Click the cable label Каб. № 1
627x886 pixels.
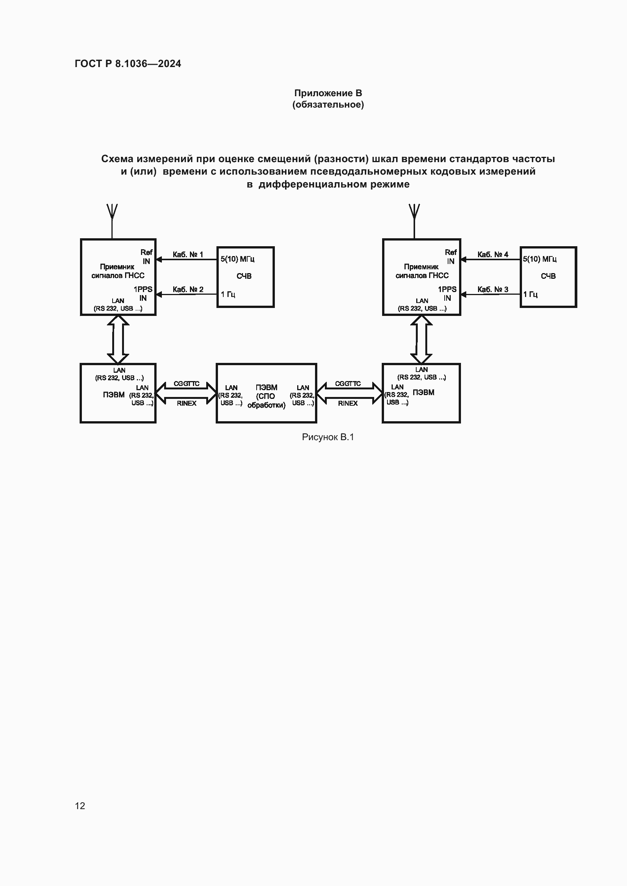(188, 255)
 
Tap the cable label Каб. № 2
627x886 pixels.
(188, 289)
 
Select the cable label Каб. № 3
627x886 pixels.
(493, 289)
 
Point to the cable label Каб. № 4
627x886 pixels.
(493, 255)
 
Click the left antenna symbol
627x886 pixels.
(112, 212)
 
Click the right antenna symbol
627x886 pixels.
(414, 212)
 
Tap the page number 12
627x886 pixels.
(80, 806)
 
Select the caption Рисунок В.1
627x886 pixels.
(328, 437)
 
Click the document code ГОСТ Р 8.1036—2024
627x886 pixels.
(128, 64)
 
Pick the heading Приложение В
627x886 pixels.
(328, 93)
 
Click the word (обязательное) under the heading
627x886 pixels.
(328, 105)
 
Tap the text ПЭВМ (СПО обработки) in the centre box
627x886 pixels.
(266, 396)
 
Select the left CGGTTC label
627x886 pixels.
(187, 384)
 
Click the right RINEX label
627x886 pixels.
(348, 403)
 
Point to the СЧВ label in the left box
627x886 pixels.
(244, 276)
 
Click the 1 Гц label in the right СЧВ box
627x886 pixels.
(530, 294)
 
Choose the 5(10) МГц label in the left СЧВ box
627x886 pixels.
(237, 259)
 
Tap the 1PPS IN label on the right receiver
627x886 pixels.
(447, 294)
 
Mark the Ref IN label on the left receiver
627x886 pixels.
(146, 256)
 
